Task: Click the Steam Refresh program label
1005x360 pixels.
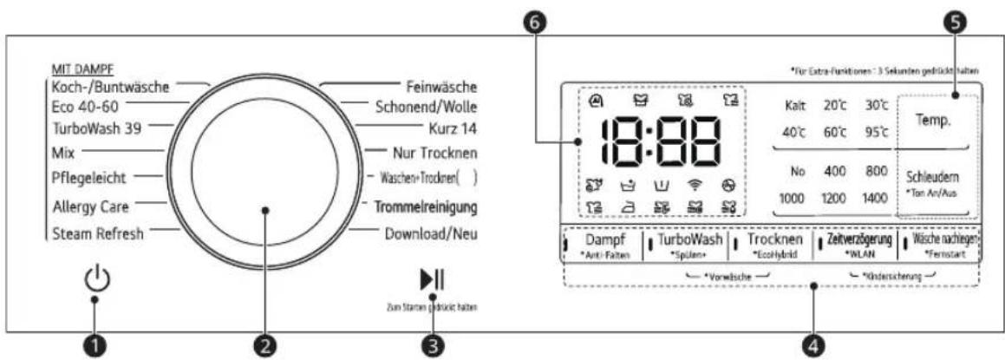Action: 96,233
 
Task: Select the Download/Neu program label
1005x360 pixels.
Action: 431,233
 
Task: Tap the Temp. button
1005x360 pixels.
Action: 934,121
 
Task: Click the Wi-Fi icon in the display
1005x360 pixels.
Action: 693,186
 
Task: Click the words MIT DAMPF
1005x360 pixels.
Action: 83,69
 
